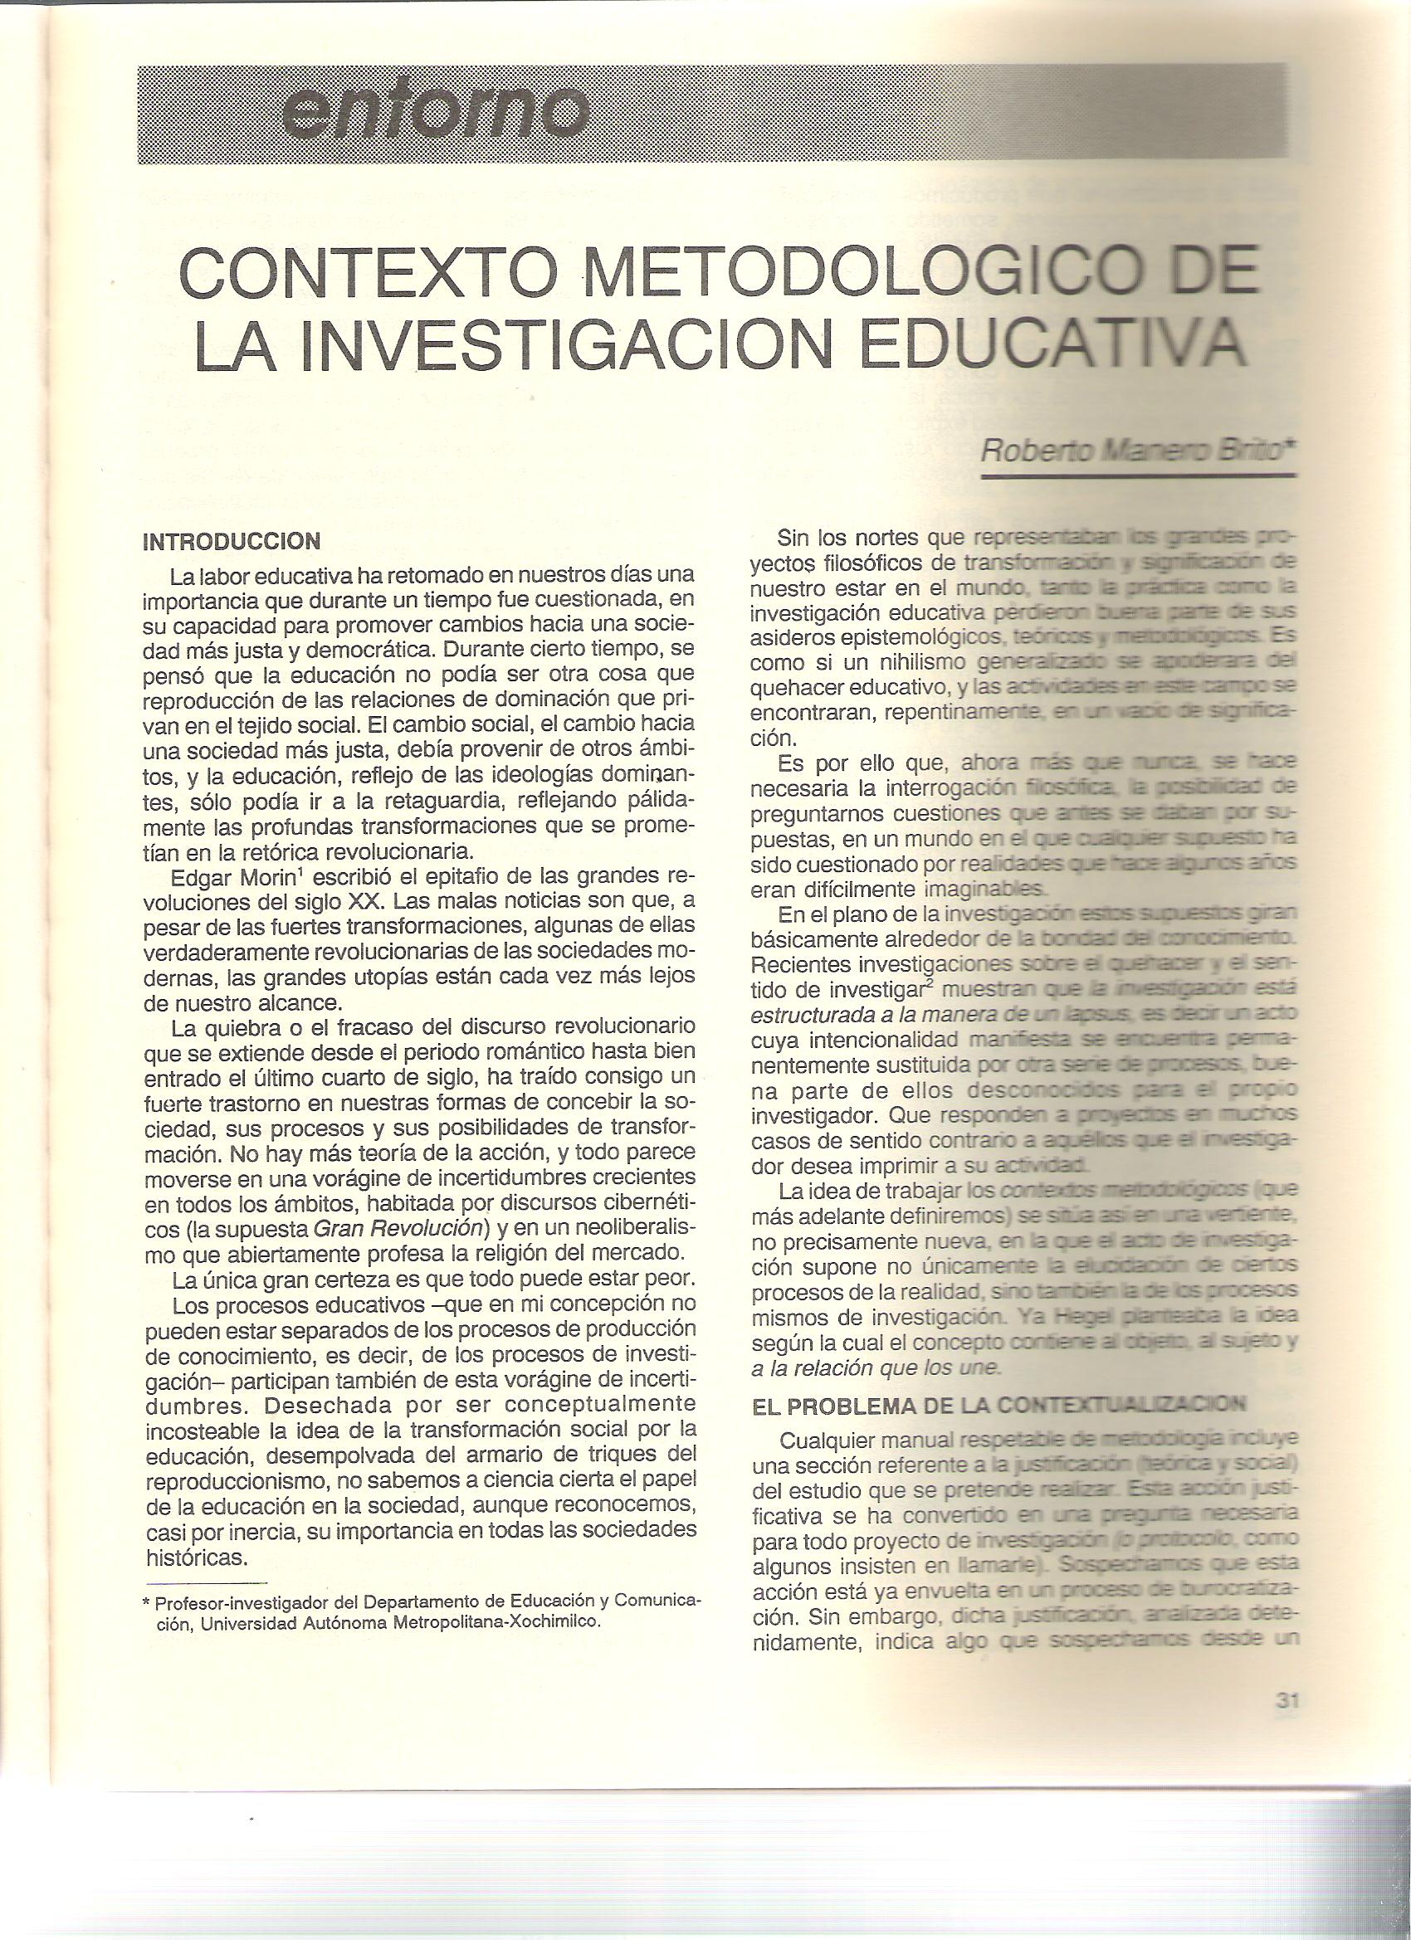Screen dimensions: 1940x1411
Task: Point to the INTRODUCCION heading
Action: tap(231, 542)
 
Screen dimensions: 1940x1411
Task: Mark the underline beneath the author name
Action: tap(1138, 476)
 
